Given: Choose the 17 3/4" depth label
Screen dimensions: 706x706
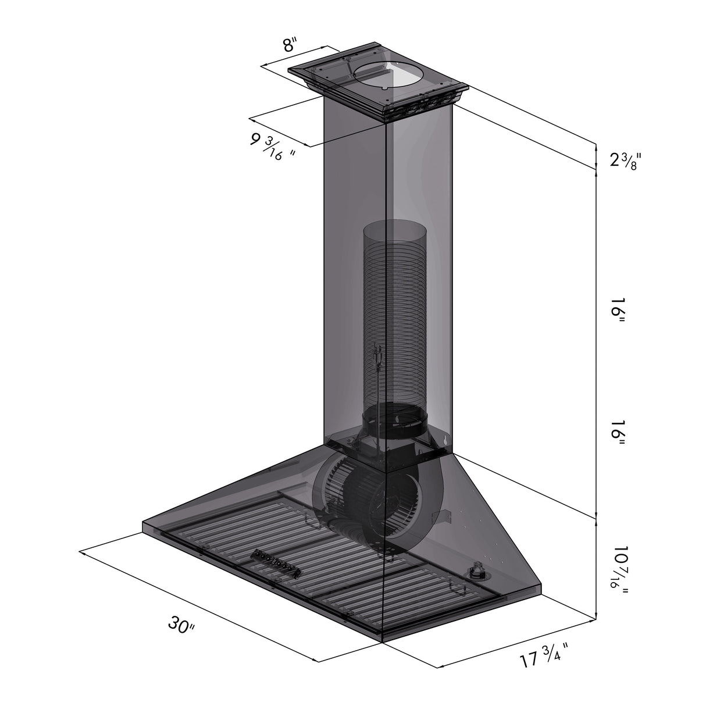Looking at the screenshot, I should point(542,659).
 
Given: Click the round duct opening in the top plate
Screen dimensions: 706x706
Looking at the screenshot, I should point(381,75).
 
